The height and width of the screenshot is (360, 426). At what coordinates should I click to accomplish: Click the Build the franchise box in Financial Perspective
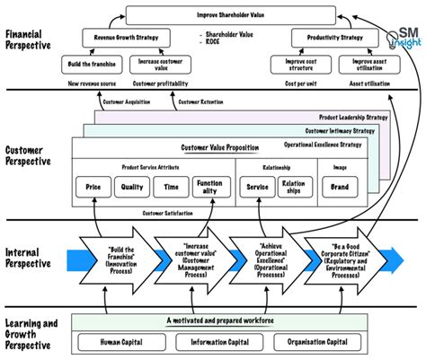89,65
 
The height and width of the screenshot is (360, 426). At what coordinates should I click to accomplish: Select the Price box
93,188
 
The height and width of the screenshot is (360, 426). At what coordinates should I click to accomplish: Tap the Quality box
131,188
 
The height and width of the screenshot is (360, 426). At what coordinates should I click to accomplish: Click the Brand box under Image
341,188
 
